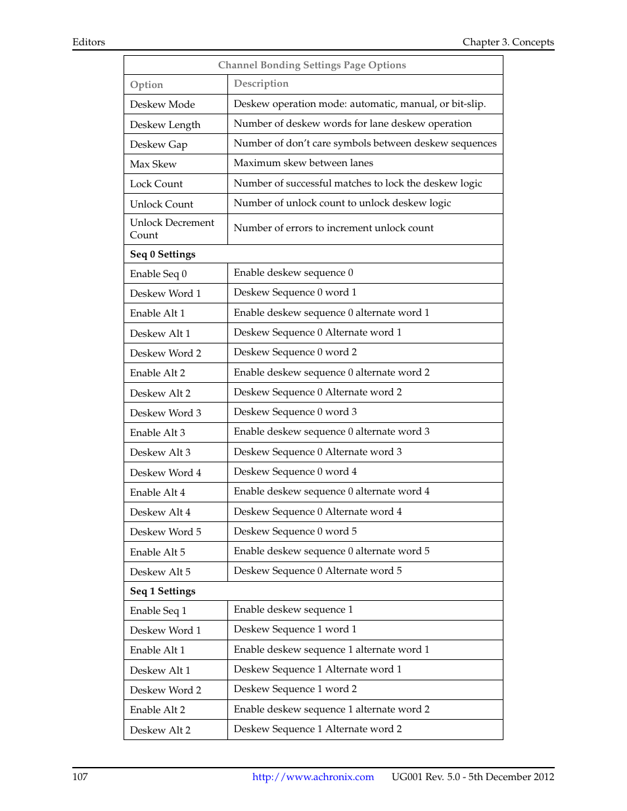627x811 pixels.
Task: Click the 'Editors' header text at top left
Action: point(89,42)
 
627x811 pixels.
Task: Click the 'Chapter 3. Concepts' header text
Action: point(508,42)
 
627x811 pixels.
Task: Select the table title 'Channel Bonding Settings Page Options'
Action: point(312,65)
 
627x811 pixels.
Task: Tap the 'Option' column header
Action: point(146,85)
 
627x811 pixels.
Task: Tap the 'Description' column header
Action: point(261,83)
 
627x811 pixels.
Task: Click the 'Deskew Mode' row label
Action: point(162,104)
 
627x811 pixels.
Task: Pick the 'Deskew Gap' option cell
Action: point(158,144)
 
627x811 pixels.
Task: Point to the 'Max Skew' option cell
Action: point(153,164)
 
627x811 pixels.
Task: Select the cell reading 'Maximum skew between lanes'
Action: point(303,163)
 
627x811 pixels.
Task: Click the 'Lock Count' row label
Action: point(156,184)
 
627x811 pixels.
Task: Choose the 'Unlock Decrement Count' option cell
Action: point(172,229)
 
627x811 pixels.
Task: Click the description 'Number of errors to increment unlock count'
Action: point(333,228)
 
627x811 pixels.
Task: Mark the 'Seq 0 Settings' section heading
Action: point(162,254)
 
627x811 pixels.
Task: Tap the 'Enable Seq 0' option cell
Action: point(158,274)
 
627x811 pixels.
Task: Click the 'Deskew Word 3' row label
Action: point(166,413)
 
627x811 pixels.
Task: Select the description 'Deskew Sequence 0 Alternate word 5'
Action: point(317,571)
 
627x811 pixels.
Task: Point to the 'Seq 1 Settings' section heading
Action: point(162,591)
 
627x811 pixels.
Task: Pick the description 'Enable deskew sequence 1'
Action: point(293,609)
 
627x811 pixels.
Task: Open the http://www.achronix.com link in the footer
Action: point(313,777)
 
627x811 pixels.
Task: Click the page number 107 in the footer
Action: point(80,777)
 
